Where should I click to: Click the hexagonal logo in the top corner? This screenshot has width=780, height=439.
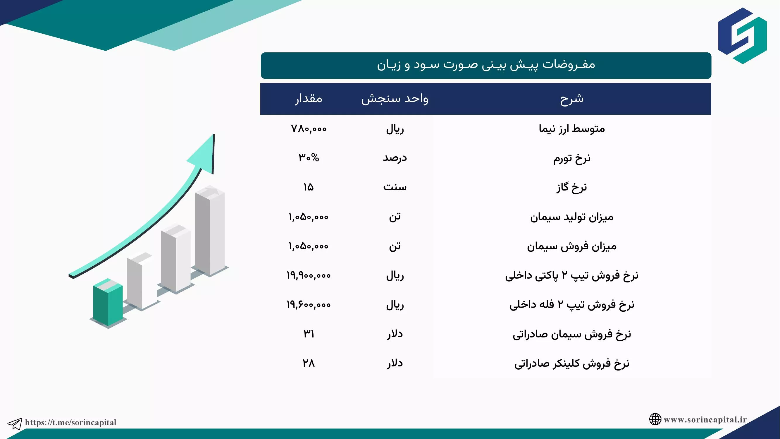click(743, 36)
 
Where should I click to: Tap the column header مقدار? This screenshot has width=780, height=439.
click(309, 98)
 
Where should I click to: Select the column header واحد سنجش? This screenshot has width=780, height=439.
click(395, 99)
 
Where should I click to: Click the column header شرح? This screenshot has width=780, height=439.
click(572, 99)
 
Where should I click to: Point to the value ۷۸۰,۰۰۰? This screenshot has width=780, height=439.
click(309, 129)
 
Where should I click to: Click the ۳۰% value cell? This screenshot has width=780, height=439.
click(309, 157)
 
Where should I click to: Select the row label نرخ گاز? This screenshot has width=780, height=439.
click(572, 187)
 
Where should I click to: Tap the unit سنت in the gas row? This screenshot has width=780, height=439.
click(395, 187)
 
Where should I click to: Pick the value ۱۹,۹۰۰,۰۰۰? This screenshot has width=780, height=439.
click(309, 275)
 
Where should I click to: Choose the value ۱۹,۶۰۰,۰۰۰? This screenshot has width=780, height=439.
click(309, 304)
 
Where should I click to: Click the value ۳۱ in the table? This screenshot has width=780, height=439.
click(309, 334)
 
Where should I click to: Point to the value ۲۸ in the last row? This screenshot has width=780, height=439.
click(309, 363)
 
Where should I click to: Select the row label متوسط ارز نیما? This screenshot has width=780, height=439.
click(572, 129)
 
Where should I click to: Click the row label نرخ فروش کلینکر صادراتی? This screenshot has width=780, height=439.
click(572, 363)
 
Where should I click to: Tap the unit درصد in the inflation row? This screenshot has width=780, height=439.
click(395, 158)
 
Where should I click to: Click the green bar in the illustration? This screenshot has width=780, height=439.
click(108, 303)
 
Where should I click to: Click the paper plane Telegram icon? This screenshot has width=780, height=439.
click(15, 423)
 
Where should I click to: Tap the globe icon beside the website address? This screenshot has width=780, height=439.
click(655, 419)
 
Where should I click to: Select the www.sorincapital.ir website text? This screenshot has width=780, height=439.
click(705, 420)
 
